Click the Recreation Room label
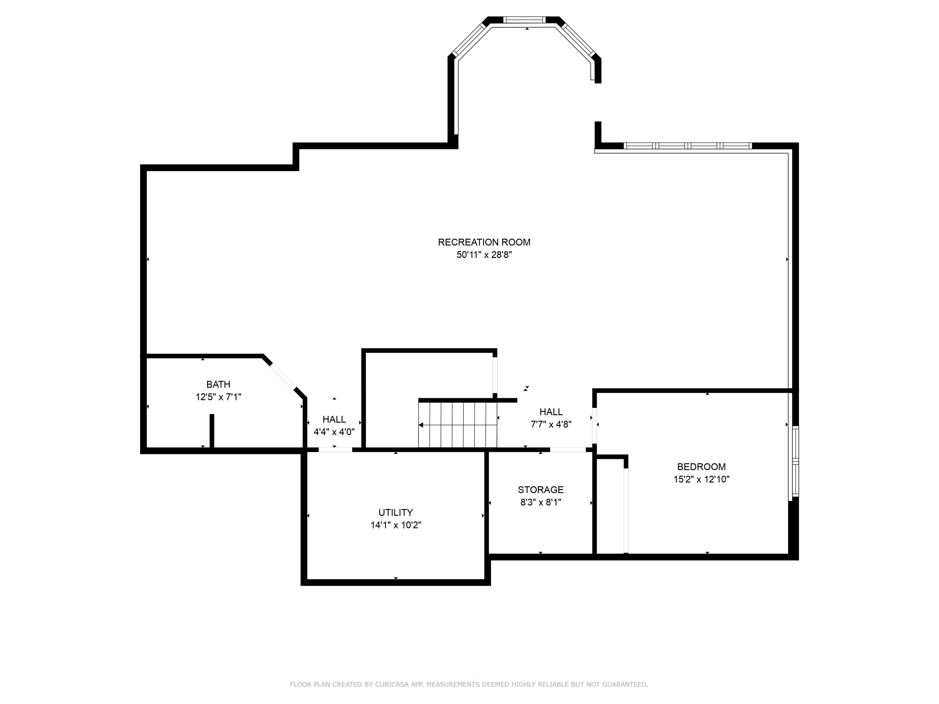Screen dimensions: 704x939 (484, 242)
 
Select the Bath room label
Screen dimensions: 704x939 (218, 384)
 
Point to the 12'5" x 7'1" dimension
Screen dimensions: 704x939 (218, 397)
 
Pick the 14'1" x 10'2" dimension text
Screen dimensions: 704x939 (395, 525)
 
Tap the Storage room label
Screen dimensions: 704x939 (540, 490)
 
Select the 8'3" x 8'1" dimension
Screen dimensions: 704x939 (540, 502)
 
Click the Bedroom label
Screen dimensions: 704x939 (701, 467)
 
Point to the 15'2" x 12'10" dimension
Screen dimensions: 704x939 (701, 479)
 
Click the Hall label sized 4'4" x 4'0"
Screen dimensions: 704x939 (334, 419)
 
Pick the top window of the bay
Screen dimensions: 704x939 (524, 20)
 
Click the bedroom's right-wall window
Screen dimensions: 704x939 (796, 462)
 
